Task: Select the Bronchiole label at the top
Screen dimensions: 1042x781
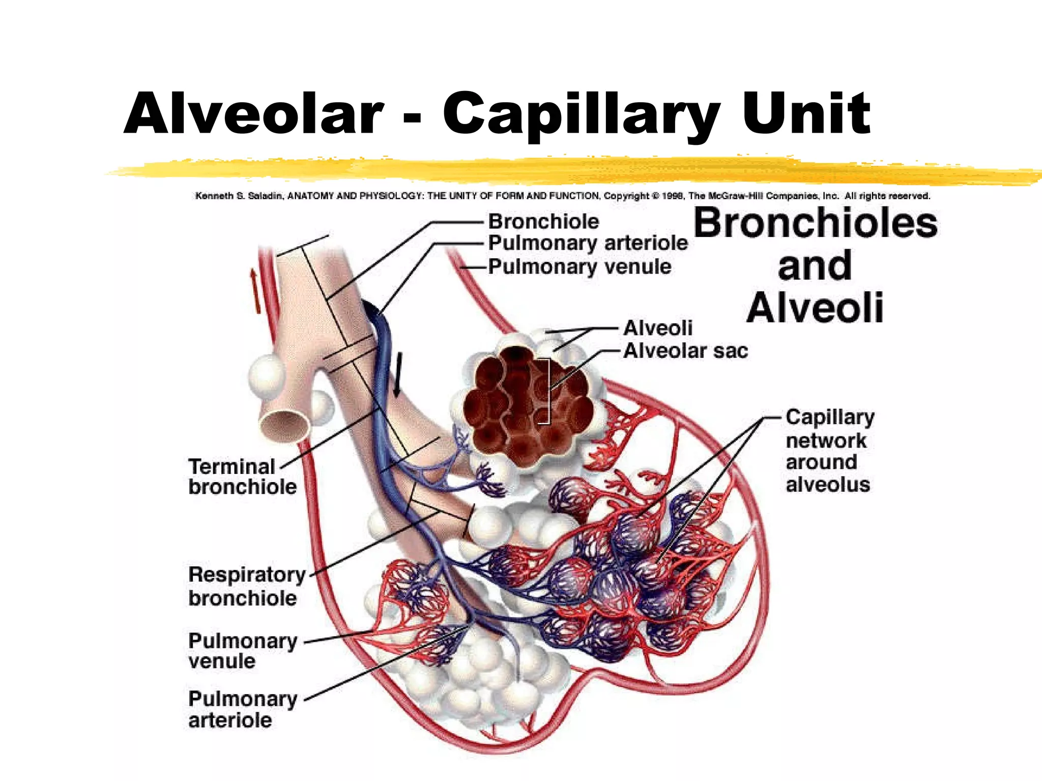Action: coord(543,222)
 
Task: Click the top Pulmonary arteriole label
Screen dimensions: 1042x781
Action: coord(588,243)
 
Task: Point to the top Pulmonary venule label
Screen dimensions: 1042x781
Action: coord(580,266)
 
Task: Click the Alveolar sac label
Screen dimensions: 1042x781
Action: coord(685,351)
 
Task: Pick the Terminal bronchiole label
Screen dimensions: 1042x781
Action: coord(242,476)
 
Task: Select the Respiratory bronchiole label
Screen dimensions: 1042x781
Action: coord(247,586)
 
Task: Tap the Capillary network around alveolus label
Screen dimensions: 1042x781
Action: coord(829,450)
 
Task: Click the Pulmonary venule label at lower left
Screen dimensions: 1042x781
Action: coord(242,651)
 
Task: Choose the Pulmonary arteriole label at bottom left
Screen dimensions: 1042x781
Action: coord(242,709)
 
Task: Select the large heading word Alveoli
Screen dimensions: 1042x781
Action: coord(815,308)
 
